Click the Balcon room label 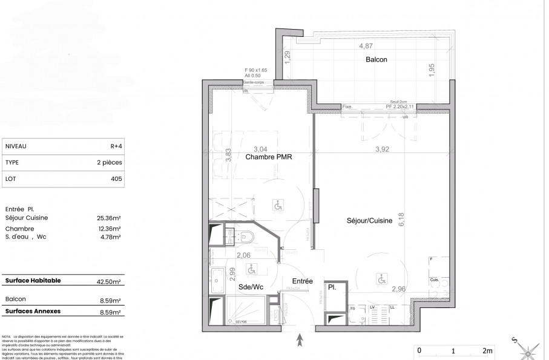(x=376, y=60)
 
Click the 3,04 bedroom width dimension (x=260, y=148)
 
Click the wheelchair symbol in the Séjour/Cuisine (x=381, y=279)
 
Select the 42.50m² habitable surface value (x=109, y=282)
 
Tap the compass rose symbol (x=530, y=350)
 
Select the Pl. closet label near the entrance (x=333, y=288)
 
